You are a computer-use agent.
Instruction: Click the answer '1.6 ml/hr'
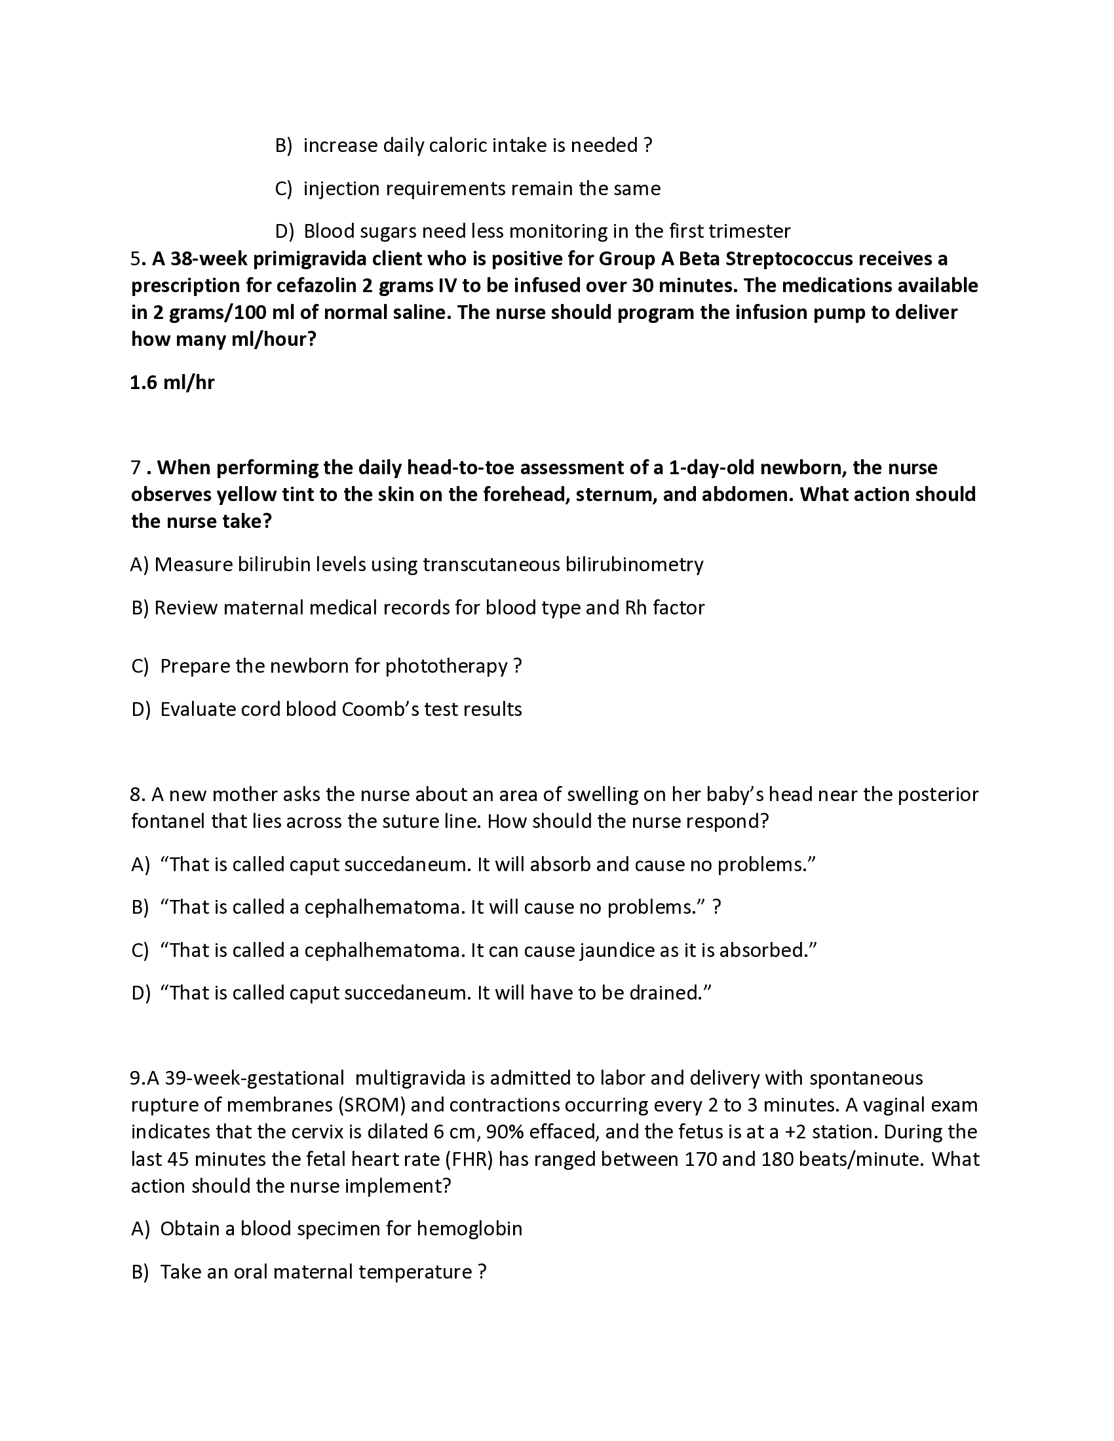click(x=172, y=383)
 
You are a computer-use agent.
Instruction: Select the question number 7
click(x=136, y=468)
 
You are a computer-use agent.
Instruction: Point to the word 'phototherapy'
click(x=446, y=666)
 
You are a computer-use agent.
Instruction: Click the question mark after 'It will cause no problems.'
click(x=717, y=907)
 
